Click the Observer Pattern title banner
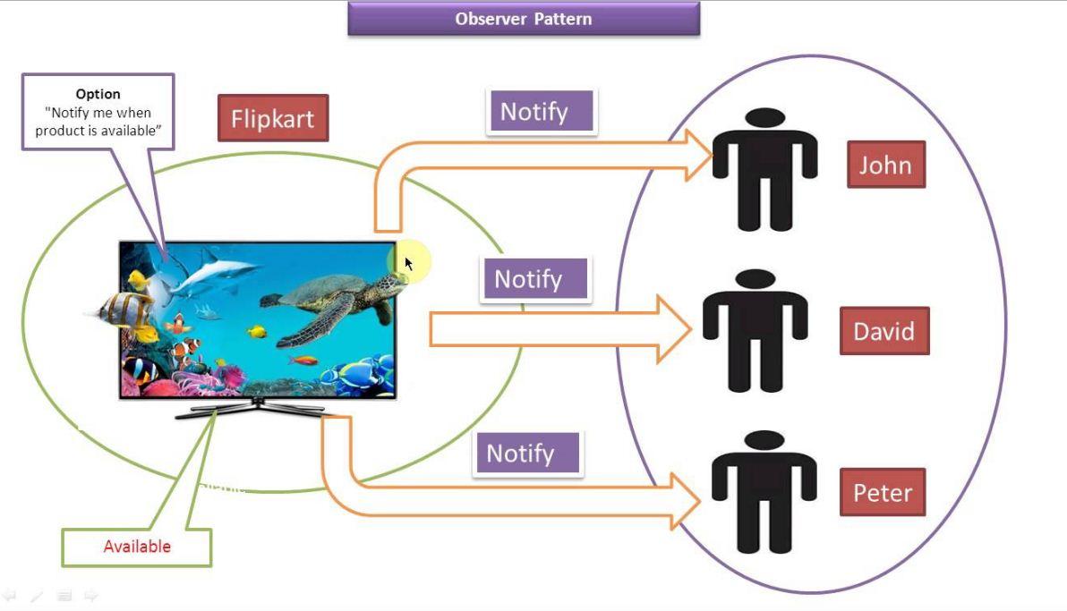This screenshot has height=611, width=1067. click(x=523, y=19)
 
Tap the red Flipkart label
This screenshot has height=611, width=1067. click(x=273, y=118)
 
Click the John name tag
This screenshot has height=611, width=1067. click(x=885, y=165)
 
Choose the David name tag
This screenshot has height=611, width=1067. click(x=883, y=331)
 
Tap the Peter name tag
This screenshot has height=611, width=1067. click(x=882, y=493)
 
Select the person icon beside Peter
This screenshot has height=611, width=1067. click(x=764, y=491)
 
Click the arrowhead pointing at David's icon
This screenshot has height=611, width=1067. click(x=674, y=330)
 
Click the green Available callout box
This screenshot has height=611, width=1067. click(x=136, y=547)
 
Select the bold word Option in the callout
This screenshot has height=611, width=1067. click(x=98, y=94)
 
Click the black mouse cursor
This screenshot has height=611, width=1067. click(x=408, y=264)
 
